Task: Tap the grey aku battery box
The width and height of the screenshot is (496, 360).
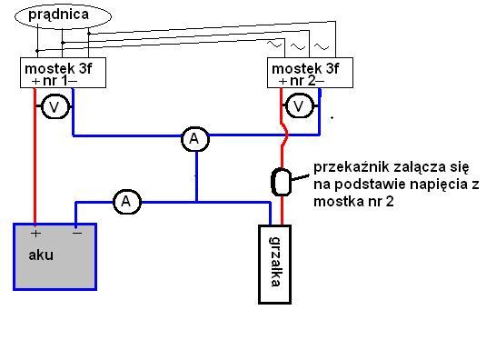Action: tap(55, 256)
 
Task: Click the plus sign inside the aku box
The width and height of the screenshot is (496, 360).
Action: tap(35, 234)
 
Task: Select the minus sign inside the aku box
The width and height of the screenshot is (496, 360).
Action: tap(77, 234)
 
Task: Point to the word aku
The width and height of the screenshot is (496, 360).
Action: tap(41, 255)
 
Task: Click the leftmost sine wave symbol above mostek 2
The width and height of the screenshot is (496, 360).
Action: tap(274, 44)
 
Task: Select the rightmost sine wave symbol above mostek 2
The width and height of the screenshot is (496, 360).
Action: tap(322, 47)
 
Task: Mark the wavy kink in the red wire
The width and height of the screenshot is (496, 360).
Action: tap(284, 135)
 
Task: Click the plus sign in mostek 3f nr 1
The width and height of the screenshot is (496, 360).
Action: tap(35, 82)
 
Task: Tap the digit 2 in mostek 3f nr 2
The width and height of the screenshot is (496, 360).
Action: tap(312, 81)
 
